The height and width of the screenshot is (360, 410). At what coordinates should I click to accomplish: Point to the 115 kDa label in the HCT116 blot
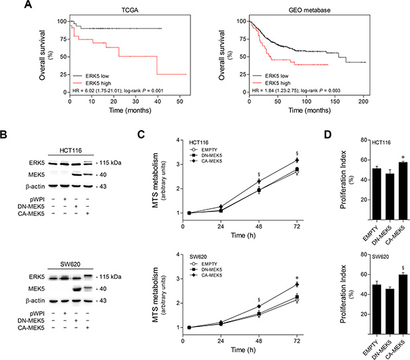click(99, 162)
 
